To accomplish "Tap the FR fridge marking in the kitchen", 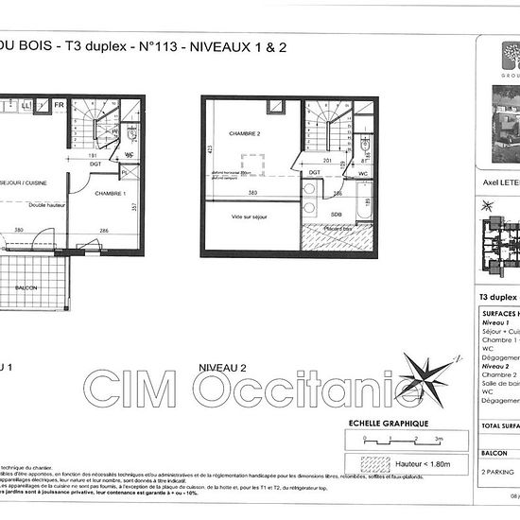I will pos(59,106).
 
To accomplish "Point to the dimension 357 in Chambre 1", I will pos(134,207).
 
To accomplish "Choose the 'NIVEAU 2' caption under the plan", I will pos(222,366).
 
